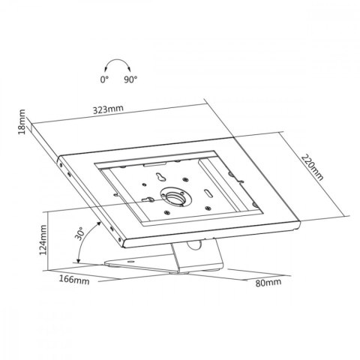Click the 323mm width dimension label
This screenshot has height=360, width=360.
pos(108,109)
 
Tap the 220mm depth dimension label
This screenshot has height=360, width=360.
pos(312,167)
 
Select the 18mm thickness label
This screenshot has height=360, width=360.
pos(22,121)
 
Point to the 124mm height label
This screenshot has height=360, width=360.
pos(43,240)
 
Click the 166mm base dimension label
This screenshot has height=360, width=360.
pos(74,280)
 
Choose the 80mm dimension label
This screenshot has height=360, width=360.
pos(268,283)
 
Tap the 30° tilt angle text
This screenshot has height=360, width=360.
pos(79,234)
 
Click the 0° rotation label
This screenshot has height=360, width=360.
pos(104,79)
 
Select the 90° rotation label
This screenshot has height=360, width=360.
pos(130,79)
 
